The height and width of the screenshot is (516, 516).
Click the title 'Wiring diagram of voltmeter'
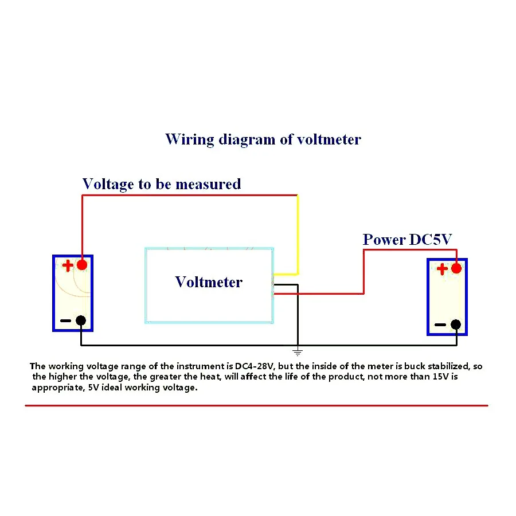[x=263, y=139]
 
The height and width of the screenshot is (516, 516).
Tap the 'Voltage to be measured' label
[x=162, y=184]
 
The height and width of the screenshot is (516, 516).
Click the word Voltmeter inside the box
[x=209, y=282]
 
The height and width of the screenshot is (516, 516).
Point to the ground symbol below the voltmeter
[x=297, y=351]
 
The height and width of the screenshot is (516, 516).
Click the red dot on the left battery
[x=81, y=264]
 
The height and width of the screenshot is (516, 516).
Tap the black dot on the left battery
[x=81, y=321]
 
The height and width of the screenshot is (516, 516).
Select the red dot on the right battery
[x=456, y=268]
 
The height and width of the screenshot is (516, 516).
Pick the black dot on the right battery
[x=456, y=325]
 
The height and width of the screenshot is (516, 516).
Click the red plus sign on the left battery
[x=68, y=265]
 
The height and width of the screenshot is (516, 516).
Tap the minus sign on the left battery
[x=65, y=321]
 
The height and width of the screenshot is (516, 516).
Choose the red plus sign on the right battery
[x=442, y=269]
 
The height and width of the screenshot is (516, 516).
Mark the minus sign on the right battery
[x=440, y=325]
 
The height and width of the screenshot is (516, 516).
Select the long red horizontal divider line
[x=256, y=405]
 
